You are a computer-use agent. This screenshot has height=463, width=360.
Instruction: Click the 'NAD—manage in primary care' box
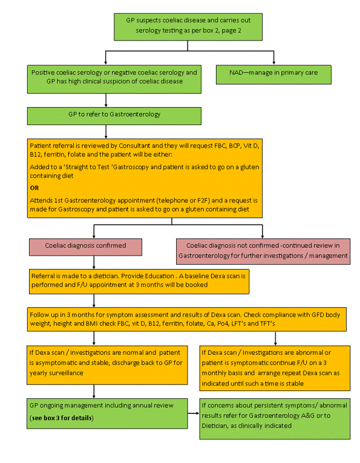(273, 75)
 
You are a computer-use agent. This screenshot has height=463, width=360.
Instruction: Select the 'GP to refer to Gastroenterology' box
(114, 116)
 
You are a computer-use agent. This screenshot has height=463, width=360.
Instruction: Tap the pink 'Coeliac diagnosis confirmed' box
(85, 247)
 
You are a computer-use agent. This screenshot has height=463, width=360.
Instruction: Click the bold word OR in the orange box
(34, 188)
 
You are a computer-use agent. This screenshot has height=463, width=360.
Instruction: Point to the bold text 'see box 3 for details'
(62, 418)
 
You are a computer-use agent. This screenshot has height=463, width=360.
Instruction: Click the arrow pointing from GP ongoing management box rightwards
(193, 413)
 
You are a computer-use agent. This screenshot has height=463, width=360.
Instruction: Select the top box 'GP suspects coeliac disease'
(188, 27)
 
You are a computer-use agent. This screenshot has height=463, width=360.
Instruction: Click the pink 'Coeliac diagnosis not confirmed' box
(263, 251)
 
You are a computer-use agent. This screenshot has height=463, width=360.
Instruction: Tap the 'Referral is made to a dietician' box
(139, 282)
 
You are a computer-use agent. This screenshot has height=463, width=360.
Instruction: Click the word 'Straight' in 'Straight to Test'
(76, 167)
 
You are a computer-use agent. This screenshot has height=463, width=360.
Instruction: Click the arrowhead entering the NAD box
(273, 63)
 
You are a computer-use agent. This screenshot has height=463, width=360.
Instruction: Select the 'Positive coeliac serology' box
(114, 79)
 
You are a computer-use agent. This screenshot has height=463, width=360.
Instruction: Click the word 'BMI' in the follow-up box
(91, 323)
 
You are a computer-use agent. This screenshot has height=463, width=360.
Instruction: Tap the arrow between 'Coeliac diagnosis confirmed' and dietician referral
(94, 262)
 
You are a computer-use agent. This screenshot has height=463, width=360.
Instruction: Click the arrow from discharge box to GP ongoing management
(94, 392)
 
